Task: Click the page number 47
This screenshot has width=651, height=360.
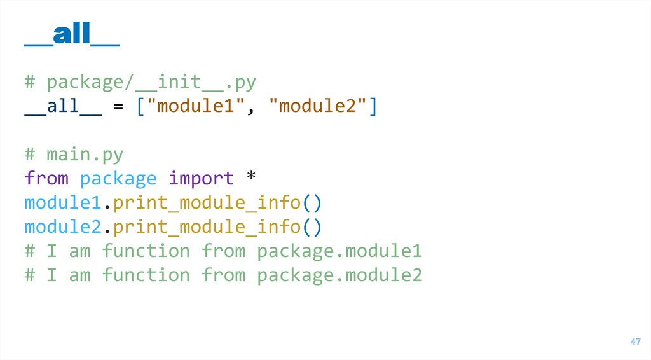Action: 635,342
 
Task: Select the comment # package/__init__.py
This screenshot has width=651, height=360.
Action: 140,82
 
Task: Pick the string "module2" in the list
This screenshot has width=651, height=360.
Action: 318,106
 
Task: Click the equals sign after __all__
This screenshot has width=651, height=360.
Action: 118,106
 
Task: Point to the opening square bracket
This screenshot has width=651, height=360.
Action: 140,106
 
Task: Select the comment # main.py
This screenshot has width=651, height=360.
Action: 74,155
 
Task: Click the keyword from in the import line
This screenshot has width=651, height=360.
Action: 46,179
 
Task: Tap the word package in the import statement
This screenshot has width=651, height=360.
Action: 118,179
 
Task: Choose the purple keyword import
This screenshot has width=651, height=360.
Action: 201,179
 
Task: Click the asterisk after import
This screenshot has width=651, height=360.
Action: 250,179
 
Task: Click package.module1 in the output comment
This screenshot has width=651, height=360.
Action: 339,251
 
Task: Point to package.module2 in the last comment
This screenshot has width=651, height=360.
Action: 339,275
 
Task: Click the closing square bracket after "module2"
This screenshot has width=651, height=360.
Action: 373,106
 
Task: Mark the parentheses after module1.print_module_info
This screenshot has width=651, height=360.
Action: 312,203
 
